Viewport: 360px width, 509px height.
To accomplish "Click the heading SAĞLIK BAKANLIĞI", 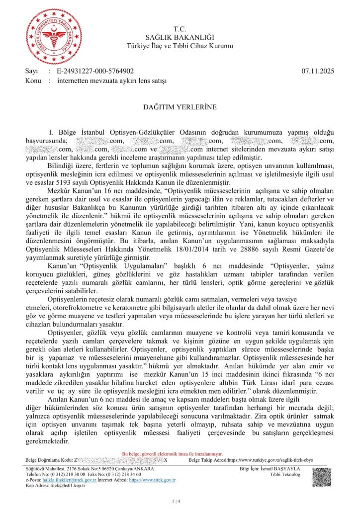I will [x=180, y=38].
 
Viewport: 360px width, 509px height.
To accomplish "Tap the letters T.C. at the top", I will [x=180, y=29].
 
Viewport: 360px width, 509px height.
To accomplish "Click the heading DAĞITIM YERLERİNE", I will [x=180, y=106].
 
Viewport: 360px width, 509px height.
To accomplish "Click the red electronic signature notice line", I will [x=173, y=454].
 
